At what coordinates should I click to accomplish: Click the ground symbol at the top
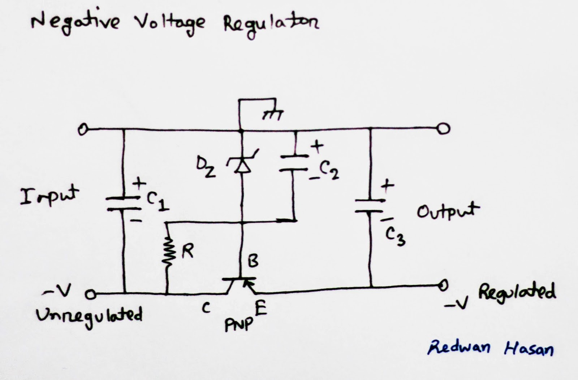coord(273,114)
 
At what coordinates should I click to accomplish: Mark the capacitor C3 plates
coord(370,206)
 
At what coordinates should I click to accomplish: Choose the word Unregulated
coord(89,315)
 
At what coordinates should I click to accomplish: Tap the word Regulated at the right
coord(517,293)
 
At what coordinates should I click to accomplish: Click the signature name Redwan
coord(458,348)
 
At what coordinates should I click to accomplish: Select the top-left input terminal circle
coord(83,129)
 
